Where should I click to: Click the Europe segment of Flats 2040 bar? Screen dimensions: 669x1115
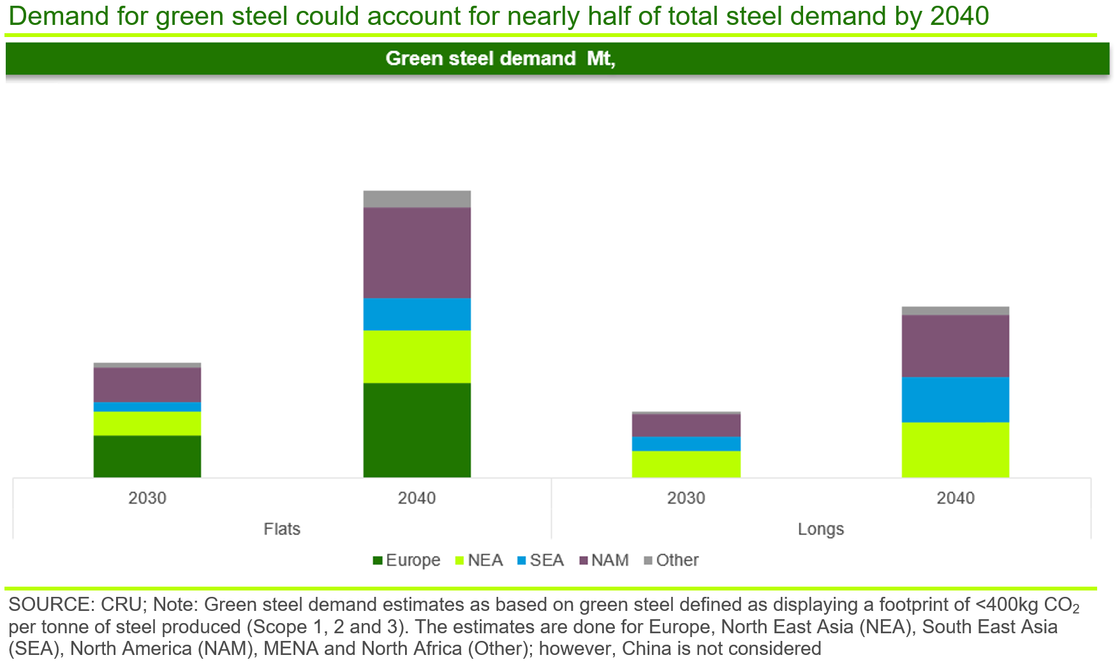pos(417,430)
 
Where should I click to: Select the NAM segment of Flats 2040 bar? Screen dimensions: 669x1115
pos(417,253)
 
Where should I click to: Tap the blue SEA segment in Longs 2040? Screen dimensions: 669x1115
pos(955,400)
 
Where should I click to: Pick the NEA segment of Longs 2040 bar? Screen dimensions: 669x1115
pos(955,449)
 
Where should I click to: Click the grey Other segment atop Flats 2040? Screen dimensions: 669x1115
pos(417,199)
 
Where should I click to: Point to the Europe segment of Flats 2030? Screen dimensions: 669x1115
pos(147,456)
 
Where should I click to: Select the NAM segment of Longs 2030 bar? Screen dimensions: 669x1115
pos(686,425)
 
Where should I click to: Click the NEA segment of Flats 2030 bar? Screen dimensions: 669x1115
pos(147,423)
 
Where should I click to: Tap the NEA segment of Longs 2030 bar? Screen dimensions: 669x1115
pos(686,464)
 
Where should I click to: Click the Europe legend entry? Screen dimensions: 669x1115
pos(407,560)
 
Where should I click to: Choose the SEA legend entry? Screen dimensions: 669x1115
pos(541,560)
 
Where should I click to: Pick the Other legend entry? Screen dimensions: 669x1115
pos(672,560)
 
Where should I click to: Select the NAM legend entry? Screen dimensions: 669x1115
pos(604,560)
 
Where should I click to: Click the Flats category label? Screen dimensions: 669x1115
pos(282,529)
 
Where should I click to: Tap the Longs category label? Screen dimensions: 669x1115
pos(820,529)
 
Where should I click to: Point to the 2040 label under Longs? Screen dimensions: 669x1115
pos(955,498)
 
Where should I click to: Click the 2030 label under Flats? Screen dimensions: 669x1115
pos(147,498)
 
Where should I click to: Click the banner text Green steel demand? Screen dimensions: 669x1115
pos(480,59)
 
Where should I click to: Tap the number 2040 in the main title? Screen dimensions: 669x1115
pos(959,16)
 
